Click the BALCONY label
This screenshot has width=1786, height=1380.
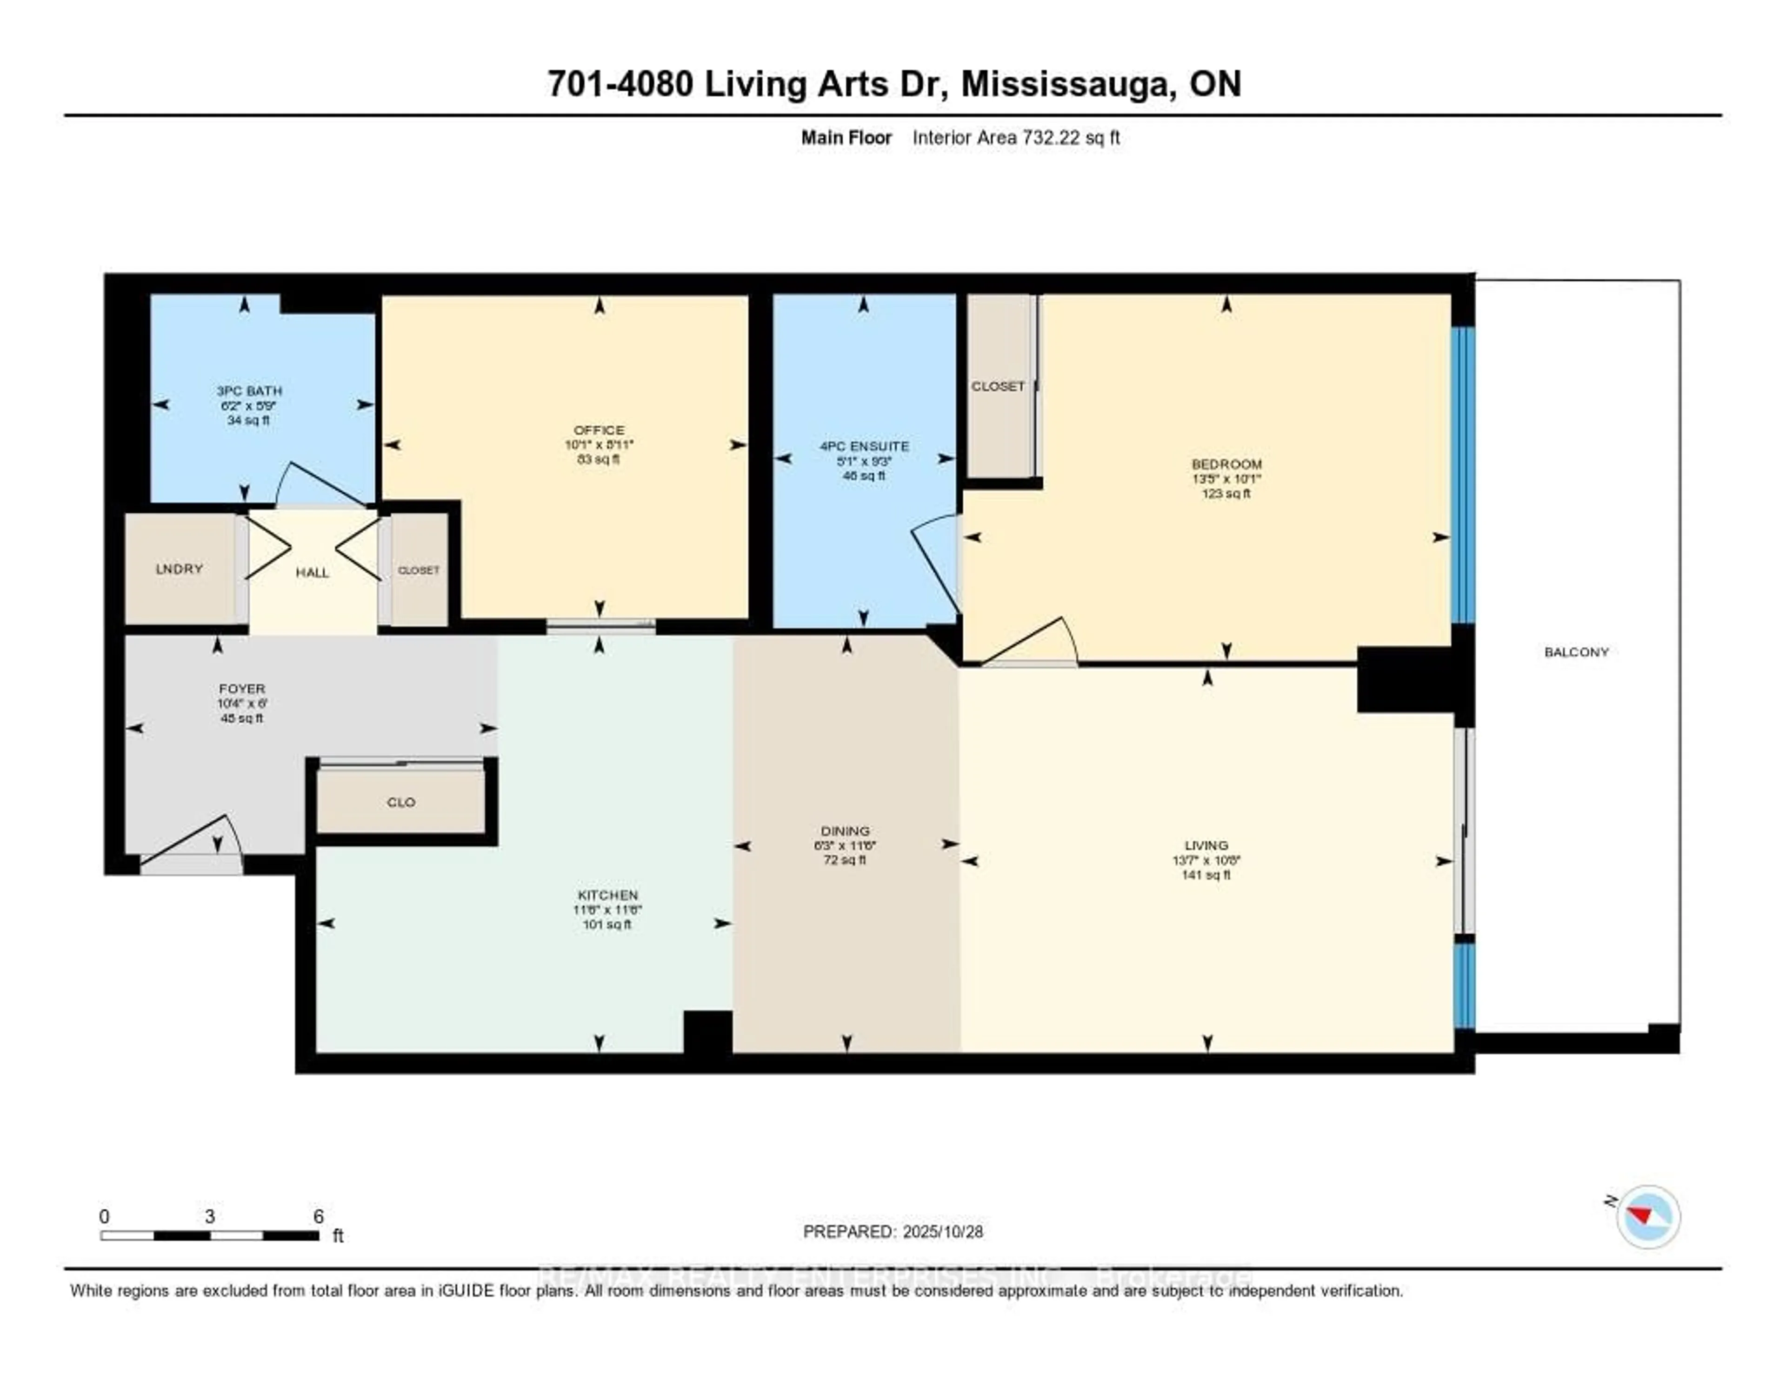[x=1576, y=652]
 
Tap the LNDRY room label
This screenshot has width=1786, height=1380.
[x=179, y=569]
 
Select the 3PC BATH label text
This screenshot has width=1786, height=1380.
[x=249, y=391]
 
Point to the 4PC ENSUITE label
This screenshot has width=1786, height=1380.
[x=864, y=446]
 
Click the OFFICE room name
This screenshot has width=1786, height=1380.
[x=599, y=429]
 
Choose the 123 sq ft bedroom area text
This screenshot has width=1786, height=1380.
[x=1226, y=493]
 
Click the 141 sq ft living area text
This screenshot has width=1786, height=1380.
[x=1206, y=874]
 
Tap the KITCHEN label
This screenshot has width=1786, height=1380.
[x=607, y=895]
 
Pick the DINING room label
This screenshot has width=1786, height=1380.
[x=846, y=831]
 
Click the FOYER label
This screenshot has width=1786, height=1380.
[x=242, y=689]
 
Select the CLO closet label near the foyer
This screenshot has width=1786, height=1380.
[x=401, y=802]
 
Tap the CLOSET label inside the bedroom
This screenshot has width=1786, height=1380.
[x=998, y=386]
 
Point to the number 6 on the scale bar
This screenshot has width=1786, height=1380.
[x=319, y=1216]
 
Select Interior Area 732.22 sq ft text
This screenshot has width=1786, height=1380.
[x=1016, y=137]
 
